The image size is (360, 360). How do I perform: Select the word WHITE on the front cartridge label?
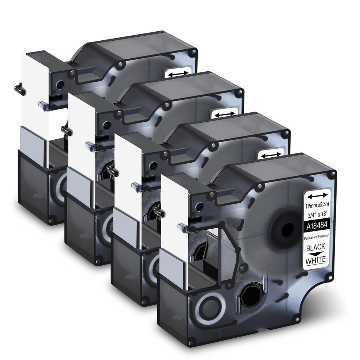point(316,260)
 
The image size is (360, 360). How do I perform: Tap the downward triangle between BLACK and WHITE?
point(316,254)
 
